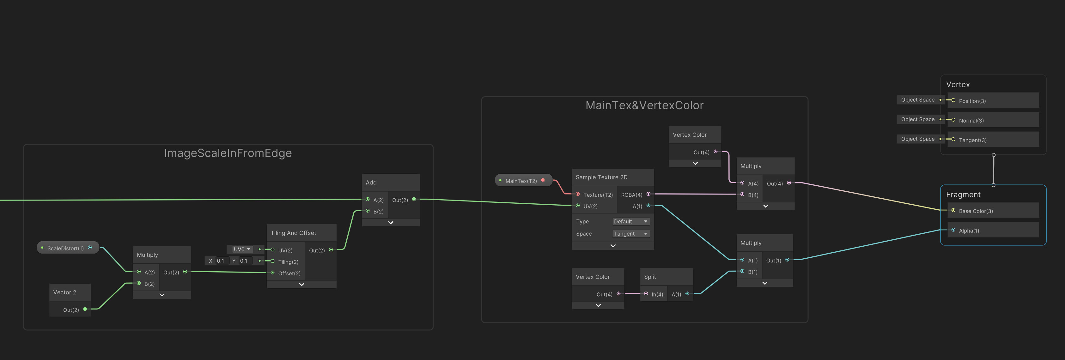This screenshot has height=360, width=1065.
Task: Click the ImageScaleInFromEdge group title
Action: pos(228,153)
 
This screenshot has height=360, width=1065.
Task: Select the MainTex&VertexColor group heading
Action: pos(644,105)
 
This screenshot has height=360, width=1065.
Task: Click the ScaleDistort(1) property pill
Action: pos(65,248)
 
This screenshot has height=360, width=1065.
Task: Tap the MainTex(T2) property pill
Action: pos(521,181)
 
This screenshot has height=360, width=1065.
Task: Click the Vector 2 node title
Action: pos(65,292)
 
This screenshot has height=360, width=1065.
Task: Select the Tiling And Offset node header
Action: pos(294,233)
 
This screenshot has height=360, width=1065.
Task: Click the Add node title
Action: pos(371,182)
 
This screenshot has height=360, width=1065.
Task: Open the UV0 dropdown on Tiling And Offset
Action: pos(242,249)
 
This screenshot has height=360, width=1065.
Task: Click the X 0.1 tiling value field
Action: pos(221,261)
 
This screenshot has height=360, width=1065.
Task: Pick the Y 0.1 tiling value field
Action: pos(244,261)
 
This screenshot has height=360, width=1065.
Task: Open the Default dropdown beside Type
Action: pos(630,222)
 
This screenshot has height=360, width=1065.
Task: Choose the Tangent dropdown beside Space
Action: pos(630,233)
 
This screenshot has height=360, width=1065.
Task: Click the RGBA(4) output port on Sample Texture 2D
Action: pos(648,194)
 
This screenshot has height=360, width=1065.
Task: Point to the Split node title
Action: pos(650,277)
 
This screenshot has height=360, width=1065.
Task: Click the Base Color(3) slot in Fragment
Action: pos(976,211)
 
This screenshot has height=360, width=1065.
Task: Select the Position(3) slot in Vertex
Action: pos(972,101)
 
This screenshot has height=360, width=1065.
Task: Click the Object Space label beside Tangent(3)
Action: pos(917,139)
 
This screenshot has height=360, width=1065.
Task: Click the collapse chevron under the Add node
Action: pos(391,222)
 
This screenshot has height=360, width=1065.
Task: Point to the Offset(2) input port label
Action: pos(289,273)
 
